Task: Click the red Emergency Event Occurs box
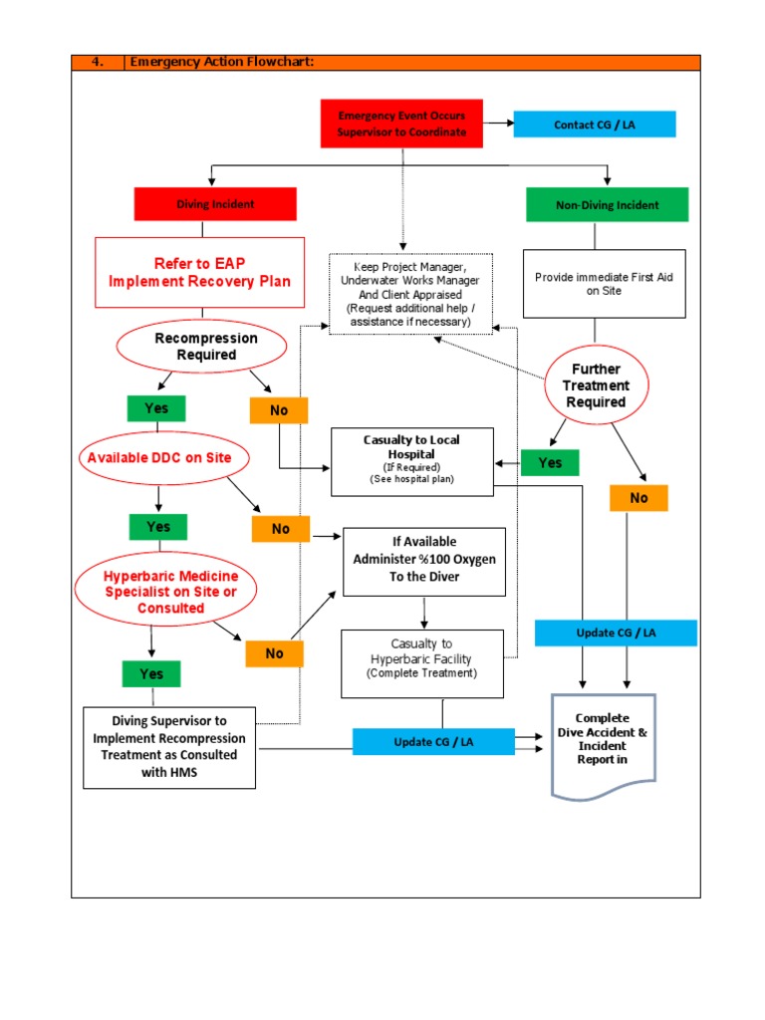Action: coord(401,124)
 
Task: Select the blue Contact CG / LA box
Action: coord(594,125)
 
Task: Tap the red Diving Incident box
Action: coord(215,204)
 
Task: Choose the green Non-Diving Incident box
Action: coord(607,205)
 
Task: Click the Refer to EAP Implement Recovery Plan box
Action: coord(199,272)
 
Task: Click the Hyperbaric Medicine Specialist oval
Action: coord(164,592)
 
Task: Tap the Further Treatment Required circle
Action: coord(596,385)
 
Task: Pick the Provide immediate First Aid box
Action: coord(604,284)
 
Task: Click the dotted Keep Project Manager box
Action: coord(409,294)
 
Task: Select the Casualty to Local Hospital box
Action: coord(411,459)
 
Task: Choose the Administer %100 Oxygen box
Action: coord(423,561)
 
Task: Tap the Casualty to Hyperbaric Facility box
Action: coord(422,658)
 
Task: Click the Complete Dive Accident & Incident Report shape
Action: coord(603,742)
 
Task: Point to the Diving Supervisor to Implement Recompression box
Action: coord(168,747)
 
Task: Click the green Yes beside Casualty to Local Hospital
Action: coord(550,463)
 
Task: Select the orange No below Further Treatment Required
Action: coord(637,498)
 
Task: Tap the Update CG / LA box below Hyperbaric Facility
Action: coord(433,741)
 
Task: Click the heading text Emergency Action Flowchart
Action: coord(222,63)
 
